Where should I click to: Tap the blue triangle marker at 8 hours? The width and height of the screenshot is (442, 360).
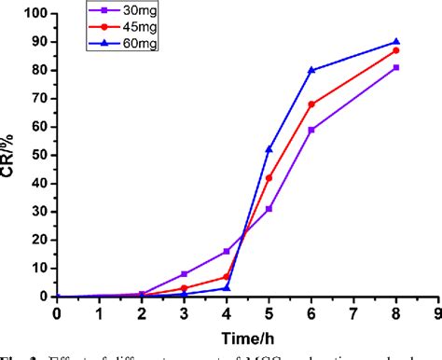(396, 42)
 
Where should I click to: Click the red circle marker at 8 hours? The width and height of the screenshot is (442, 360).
(396, 50)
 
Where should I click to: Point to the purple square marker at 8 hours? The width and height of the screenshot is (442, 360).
(396, 67)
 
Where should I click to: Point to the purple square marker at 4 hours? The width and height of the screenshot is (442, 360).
(227, 251)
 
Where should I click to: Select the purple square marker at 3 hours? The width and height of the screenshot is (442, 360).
(185, 274)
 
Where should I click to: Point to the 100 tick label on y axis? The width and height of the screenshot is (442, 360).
(35, 14)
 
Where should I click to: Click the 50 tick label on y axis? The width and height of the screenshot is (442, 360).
(38, 155)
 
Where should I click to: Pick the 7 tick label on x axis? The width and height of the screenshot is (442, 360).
(353, 314)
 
